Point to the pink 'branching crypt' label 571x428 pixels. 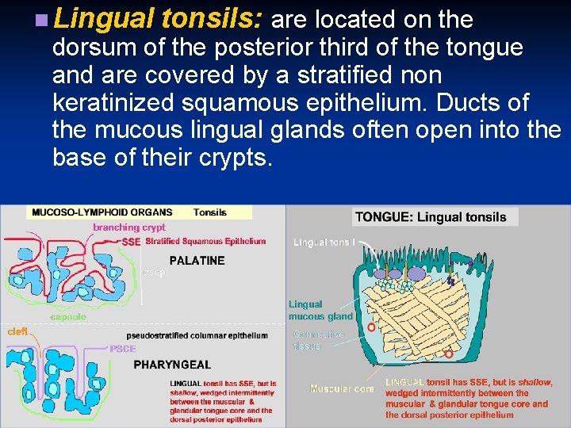129,227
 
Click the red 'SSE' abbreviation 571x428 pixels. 131,242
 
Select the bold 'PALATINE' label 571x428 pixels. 197,261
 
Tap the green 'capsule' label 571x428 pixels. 67,317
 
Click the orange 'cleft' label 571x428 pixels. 17,331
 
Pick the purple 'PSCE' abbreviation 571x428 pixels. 122,349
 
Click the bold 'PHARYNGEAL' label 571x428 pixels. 172,365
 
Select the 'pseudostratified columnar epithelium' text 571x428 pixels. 197,336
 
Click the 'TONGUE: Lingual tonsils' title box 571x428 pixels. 431,217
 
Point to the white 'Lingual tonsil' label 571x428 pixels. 325,243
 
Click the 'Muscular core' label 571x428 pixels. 342,389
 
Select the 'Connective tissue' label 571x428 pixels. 318,341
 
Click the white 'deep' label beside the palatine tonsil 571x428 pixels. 154,272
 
